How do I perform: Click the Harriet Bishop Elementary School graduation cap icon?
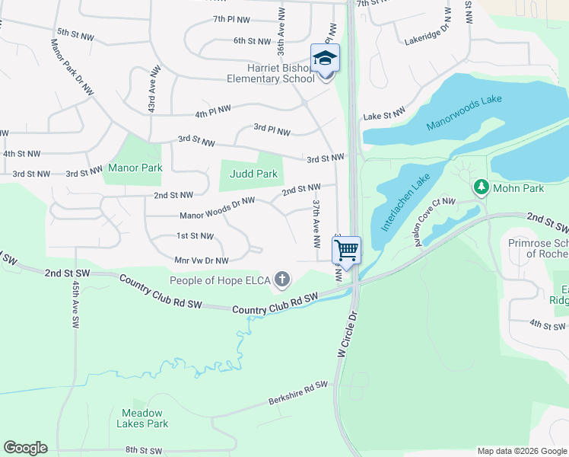tap(325, 58)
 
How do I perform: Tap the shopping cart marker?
tap(346, 249)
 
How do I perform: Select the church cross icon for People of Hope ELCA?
tap(282, 280)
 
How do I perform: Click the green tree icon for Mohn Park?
tap(481, 186)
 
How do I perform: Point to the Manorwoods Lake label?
tap(464, 112)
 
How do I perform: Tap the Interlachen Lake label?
tap(406, 202)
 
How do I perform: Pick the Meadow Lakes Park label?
tap(144, 418)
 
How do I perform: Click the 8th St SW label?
tap(145, 451)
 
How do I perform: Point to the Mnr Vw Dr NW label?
tap(202, 260)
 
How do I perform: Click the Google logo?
tap(25, 448)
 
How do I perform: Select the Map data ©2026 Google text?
tap(521, 451)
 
